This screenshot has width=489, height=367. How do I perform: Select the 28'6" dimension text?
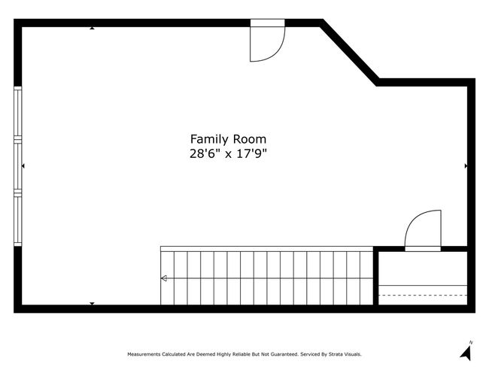202,153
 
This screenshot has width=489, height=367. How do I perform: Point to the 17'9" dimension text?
252,153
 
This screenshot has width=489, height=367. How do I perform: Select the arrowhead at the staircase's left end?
164,278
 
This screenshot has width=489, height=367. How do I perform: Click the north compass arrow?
466,353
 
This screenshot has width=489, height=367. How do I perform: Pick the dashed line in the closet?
423,295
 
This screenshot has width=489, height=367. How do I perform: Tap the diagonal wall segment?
350,53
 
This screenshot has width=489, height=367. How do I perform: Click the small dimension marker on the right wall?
466,166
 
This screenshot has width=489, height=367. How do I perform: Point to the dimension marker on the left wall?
23,166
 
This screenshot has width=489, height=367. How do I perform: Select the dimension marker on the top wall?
92,28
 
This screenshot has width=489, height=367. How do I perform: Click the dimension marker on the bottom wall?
92,304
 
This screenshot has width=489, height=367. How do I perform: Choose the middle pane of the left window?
18,166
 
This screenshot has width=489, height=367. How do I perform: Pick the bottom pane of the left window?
18,219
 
